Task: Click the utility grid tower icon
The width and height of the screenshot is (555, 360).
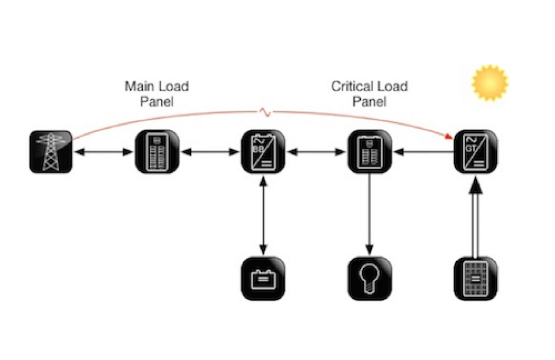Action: (51, 152)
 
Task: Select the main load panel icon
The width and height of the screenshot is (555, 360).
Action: (157, 152)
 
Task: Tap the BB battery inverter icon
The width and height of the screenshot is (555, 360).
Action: (263, 152)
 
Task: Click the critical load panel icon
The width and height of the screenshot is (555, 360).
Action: (369, 152)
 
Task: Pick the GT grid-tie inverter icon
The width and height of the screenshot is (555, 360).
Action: (475, 152)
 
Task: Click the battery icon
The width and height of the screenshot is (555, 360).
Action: (263, 278)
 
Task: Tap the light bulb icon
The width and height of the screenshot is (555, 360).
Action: (369, 278)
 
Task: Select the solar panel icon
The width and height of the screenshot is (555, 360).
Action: (475, 278)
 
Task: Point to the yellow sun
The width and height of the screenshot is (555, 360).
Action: (490, 83)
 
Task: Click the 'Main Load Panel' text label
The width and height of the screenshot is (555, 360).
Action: (157, 94)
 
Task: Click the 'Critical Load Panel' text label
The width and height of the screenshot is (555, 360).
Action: (369, 94)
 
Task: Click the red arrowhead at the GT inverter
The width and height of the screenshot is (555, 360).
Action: (449, 137)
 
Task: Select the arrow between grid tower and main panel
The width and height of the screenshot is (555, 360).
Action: (104, 152)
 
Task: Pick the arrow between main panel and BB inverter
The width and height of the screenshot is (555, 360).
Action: (210, 152)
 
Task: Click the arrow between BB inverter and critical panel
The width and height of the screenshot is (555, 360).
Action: (316, 152)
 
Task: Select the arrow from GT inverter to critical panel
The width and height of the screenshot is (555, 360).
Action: (422, 152)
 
